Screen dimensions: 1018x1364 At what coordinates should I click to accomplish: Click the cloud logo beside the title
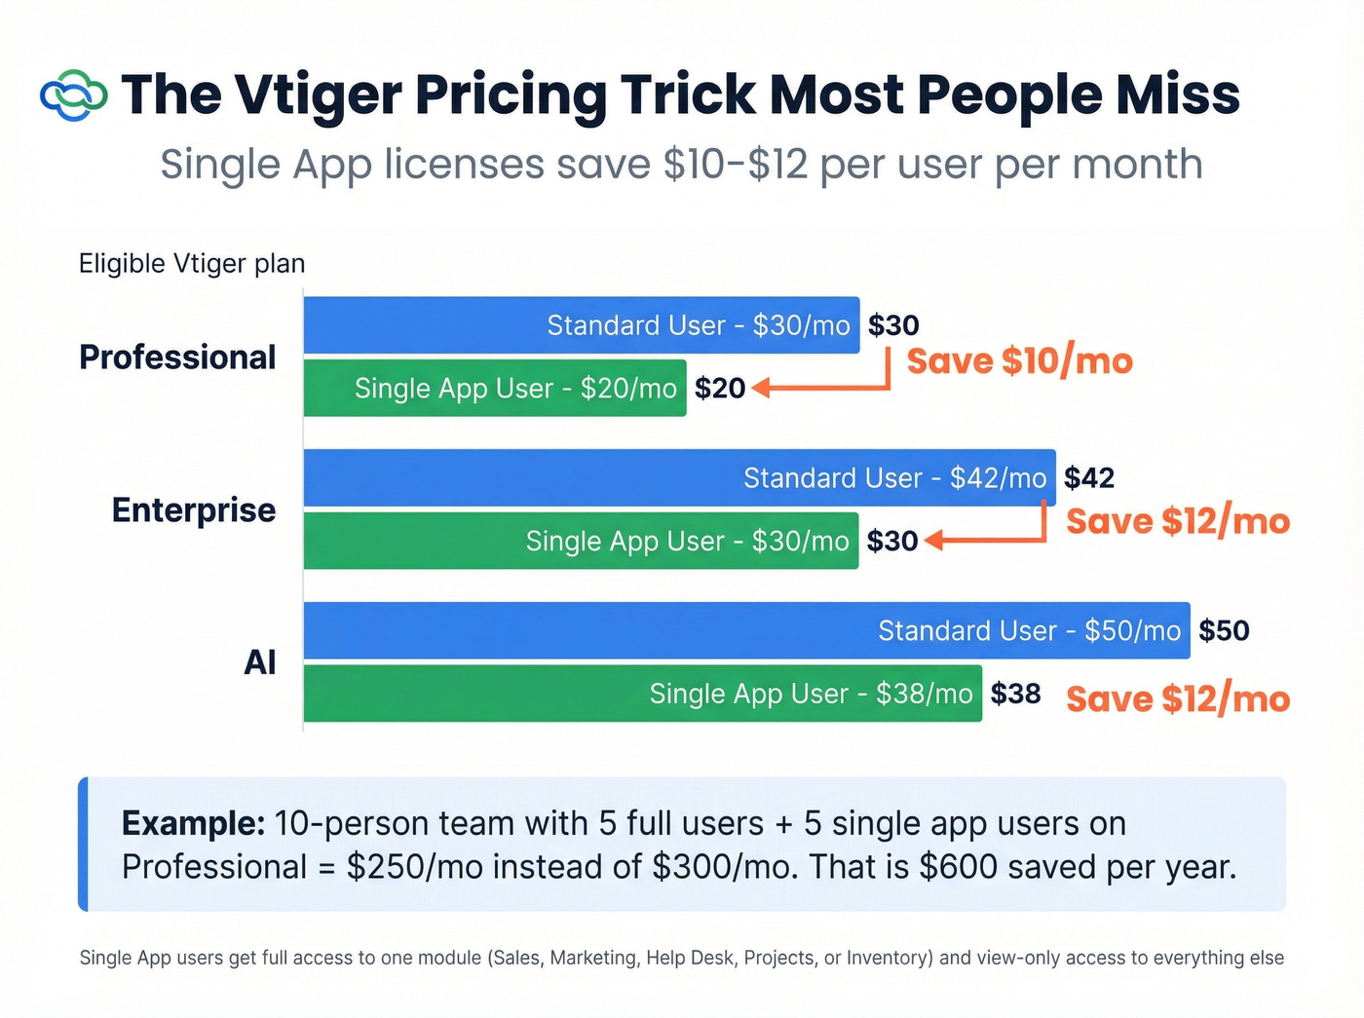tap(73, 95)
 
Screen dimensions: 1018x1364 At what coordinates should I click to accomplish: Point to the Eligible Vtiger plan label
tap(192, 264)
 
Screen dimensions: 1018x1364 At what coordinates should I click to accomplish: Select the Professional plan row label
tap(177, 358)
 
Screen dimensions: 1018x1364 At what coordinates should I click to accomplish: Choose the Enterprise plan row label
tap(194, 510)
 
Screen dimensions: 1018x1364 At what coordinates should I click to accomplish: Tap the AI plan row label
tap(260, 662)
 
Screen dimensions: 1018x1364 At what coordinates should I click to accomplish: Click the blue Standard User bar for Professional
tap(582, 325)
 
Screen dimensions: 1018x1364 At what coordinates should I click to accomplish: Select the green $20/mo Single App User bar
tap(495, 389)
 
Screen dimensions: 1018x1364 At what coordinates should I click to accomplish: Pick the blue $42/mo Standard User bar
tap(679, 478)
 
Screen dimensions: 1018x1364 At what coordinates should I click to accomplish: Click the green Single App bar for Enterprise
tap(581, 542)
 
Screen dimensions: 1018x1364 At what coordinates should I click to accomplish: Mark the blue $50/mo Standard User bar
tap(746, 631)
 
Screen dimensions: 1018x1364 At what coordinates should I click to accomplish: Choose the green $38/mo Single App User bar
tap(642, 694)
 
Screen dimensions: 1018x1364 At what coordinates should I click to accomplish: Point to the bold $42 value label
tap(1089, 478)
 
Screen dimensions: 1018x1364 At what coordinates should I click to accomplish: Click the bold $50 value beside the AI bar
tap(1224, 631)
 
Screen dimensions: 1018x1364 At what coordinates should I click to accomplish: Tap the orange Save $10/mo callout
tap(1020, 361)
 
